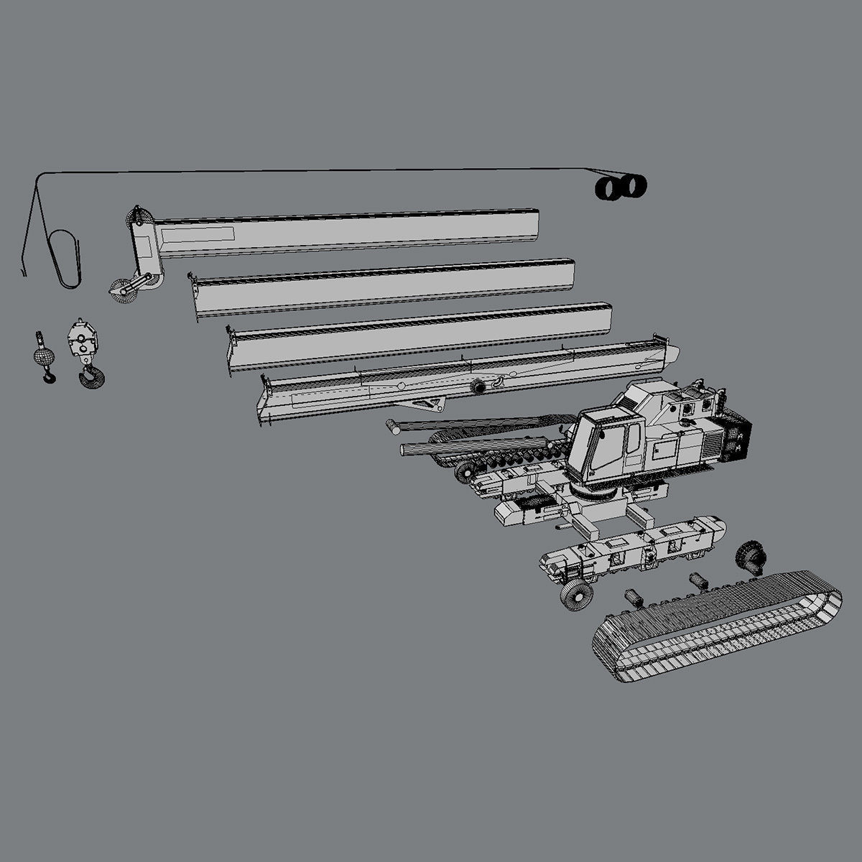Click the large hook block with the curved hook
83,352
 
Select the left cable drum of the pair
609,188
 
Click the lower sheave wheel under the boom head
117,292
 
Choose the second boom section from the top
384,286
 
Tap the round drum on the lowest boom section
476,386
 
